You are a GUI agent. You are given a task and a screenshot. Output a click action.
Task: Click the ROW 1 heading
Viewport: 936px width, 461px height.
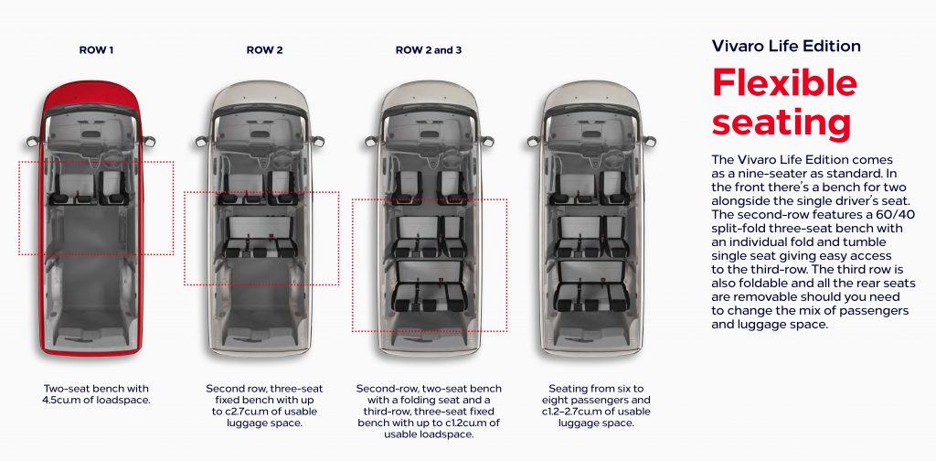tap(96, 50)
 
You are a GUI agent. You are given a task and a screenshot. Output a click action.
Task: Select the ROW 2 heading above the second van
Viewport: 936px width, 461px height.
tap(264, 50)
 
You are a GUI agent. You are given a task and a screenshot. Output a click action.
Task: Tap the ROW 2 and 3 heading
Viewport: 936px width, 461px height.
tap(429, 50)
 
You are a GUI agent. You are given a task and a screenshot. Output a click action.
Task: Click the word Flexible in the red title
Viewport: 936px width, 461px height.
tap(785, 82)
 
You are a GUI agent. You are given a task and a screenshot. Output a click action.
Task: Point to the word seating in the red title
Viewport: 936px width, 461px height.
tap(781, 123)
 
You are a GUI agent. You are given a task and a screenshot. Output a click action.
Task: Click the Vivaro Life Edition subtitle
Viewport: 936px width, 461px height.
tap(786, 46)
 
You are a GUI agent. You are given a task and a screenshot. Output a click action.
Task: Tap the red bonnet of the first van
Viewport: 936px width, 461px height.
tap(90, 95)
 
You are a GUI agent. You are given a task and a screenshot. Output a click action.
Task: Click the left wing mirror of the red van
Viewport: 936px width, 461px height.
tap(32, 141)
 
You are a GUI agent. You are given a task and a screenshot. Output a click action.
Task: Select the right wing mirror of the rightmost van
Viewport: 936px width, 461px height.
tap(649, 141)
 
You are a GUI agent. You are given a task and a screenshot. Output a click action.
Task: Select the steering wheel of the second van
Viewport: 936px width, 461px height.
tap(282, 159)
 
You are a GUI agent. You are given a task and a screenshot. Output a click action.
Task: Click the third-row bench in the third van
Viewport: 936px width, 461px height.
tap(430, 286)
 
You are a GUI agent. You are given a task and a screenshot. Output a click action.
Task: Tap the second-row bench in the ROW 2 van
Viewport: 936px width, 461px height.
tap(261, 237)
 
